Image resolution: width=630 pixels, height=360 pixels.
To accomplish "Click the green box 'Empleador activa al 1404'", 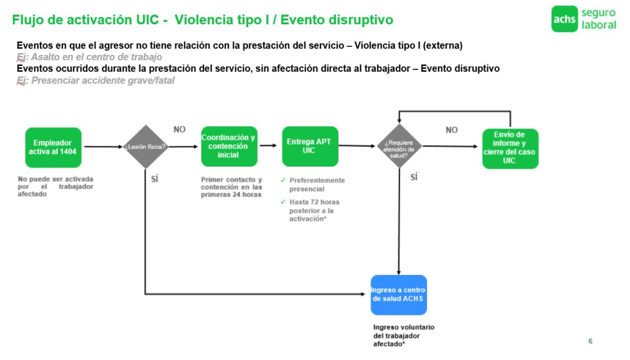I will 53,147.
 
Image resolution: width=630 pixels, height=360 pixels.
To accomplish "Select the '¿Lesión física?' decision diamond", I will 145,147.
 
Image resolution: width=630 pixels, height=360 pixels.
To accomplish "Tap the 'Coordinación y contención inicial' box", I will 228,146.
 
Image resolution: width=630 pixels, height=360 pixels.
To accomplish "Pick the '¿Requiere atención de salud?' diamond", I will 399,146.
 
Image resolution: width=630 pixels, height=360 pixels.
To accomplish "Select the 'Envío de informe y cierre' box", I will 510,148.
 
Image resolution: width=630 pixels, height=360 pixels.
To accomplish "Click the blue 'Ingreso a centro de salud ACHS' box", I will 399,295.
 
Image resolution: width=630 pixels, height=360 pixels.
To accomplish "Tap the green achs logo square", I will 564,19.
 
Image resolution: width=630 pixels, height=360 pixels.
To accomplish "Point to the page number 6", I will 590,341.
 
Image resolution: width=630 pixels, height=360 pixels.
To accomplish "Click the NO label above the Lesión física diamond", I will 179,130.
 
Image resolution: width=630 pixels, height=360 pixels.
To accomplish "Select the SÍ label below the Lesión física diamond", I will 154,179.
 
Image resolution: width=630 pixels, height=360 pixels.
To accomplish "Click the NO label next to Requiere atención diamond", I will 451,130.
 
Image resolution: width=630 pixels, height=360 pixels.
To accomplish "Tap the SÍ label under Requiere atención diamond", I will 414,177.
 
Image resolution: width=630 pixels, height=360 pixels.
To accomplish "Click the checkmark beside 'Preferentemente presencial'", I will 283,181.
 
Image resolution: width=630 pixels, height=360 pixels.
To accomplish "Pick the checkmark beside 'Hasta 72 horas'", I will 283,202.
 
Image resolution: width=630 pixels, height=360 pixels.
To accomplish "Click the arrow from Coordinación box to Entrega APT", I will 269,146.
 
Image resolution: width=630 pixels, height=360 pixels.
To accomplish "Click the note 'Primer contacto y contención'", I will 231,187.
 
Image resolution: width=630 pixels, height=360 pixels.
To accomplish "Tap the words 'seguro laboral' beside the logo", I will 598,19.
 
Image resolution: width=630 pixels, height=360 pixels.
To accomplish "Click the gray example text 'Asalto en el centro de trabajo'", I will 96,57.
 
